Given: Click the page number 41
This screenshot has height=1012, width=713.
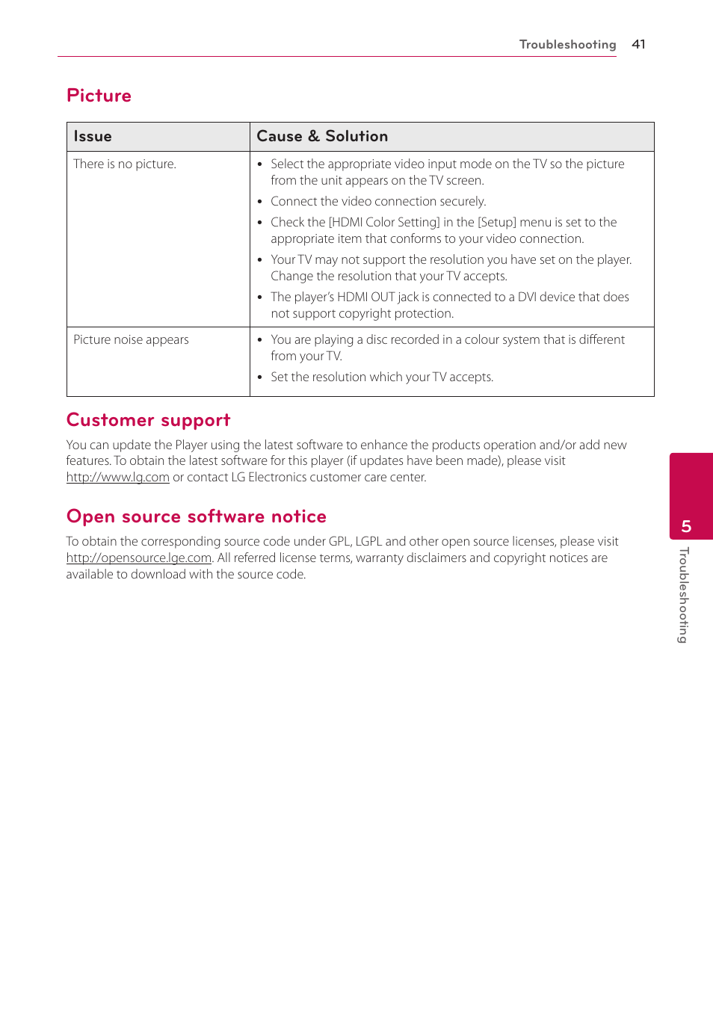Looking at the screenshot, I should coord(638,44).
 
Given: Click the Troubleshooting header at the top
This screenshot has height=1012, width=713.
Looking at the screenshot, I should coord(567,44).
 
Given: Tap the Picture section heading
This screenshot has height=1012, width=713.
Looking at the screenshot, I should coord(99,96).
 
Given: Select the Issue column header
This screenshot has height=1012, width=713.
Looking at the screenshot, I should coord(93,137).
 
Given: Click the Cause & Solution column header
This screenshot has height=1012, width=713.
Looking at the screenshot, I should coord(322,137).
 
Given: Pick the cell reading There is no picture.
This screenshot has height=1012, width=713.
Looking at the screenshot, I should coord(125,164).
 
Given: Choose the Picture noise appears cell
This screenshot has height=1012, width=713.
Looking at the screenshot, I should coord(131,340).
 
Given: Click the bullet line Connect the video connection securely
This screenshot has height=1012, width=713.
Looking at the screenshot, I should coord(378,202).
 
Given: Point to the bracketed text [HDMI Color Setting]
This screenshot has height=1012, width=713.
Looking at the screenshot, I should coord(384,223).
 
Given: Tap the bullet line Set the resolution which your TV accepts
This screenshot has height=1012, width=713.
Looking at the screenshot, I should coord(382,377).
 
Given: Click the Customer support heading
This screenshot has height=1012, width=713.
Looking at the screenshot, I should coord(148,420).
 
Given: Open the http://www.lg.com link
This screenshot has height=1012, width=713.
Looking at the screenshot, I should coord(117,478).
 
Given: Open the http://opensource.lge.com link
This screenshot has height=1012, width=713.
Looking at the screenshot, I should coord(138,558).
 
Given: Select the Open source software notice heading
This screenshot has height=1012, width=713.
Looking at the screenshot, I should coord(196,516).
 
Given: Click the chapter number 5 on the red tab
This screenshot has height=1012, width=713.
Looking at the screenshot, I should coord(686,527).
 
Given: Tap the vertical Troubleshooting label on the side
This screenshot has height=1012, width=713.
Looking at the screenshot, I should coord(683,595).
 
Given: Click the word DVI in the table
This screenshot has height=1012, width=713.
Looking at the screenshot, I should coord(527,297).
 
